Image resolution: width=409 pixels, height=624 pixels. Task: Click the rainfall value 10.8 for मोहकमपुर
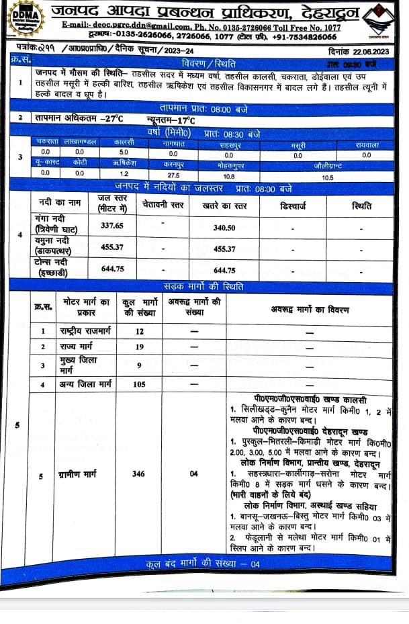[x=229, y=176]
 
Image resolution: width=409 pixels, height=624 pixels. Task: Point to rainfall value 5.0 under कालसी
[x=123, y=152]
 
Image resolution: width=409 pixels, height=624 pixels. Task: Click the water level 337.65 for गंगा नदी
[x=112, y=226]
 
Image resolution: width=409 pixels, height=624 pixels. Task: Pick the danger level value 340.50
[x=224, y=228]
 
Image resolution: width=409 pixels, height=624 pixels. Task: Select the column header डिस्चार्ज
[x=293, y=206]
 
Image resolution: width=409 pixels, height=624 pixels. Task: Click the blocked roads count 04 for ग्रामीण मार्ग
[x=193, y=474]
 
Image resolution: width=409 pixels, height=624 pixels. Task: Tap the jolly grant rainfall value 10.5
[x=328, y=177]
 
